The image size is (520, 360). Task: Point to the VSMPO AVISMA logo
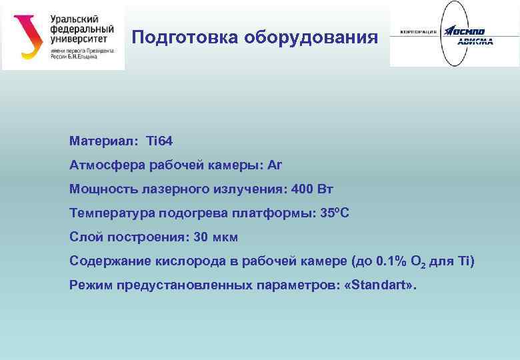453,33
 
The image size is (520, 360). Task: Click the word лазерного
174,189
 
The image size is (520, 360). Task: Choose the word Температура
111,213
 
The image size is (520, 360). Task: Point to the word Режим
91,285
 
